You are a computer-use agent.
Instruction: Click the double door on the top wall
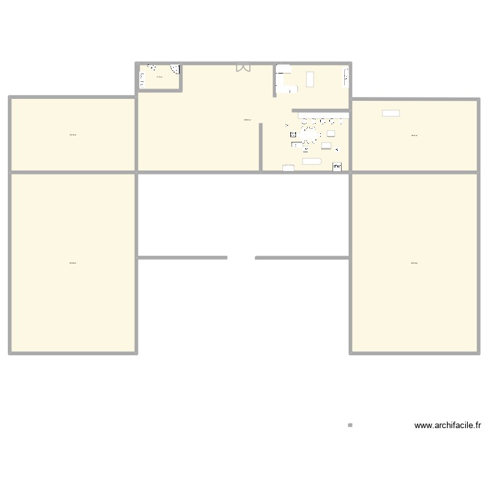click(x=243, y=67)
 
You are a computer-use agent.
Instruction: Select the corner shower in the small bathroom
click(x=174, y=69)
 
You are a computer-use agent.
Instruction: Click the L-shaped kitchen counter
click(x=284, y=78)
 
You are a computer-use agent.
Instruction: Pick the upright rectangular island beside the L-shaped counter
click(x=310, y=79)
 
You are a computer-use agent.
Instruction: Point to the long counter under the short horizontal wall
click(x=323, y=116)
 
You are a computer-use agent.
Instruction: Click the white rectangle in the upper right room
click(x=391, y=113)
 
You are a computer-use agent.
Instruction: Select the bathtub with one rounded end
click(x=312, y=161)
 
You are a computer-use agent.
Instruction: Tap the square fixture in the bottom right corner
click(x=337, y=167)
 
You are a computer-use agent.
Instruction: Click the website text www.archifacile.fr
click(x=448, y=426)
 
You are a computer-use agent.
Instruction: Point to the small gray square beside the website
click(x=350, y=426)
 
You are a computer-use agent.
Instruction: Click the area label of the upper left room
click(x=73, y=135)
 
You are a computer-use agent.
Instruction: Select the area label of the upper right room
click(x=414, y=135)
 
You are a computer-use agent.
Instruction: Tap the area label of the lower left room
click(x=73, y=263)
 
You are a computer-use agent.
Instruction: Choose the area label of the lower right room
click(x=414, y=263)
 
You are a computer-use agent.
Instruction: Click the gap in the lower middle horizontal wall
click(x=241, y=258)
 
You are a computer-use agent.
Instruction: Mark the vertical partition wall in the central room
click(x=261, y=147)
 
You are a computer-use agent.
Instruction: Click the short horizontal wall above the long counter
click(x=320, y=111)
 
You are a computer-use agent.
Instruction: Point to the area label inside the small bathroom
click(x=159, y=77)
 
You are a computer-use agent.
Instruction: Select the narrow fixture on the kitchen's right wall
click(x=346, y=78)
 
